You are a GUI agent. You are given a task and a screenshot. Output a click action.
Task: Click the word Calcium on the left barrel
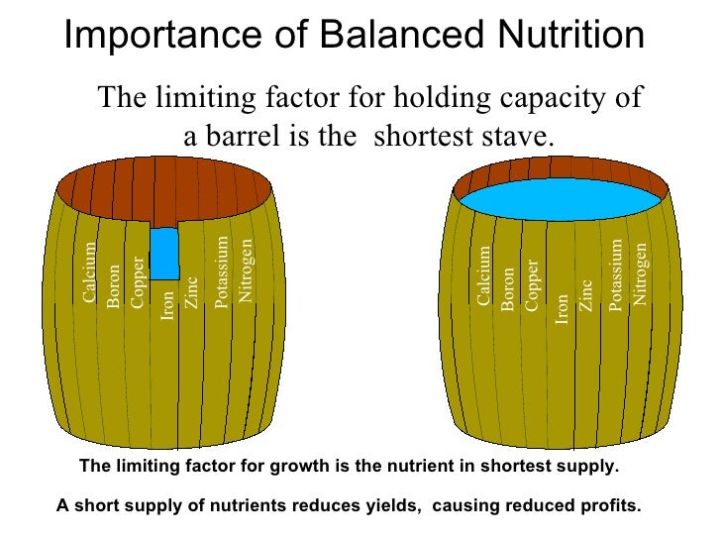pyautogui.click(x=90, y=273)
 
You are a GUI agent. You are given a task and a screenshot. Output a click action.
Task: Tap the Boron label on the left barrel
pyautogui.click(x=114, y=286)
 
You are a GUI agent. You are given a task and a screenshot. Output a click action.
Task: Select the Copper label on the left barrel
pyautogui.click(x=139, y=281)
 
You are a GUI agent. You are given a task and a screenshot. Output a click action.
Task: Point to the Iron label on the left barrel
pyautogui.click(x=167, y=305)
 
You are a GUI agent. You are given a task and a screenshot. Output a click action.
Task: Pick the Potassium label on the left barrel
pyautogui.click(x=222, y=272)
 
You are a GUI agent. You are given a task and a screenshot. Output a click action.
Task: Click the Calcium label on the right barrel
pyautogui.click(x=483, y=275)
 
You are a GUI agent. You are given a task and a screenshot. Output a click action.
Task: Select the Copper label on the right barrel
pyautogui.click(x=533, y=284)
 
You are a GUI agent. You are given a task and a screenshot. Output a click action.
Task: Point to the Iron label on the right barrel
pyautogui.click(x=562, y=308)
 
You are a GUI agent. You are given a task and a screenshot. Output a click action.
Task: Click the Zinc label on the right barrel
pyautogui.click(x=586, y=296)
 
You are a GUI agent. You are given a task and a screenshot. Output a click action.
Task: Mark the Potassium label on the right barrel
pyautogui.click(x=616, y=275)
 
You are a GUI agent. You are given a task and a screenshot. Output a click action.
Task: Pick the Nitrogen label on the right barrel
pyautogui.click(x=641, y=273)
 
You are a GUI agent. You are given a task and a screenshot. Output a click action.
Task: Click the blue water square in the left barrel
pyautogui.click(x=164, y=253)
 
